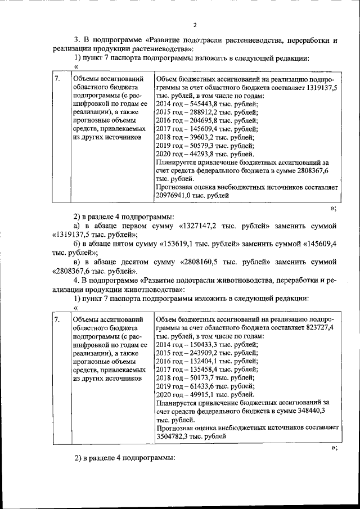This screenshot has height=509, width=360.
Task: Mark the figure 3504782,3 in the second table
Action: click(x=175, y=436)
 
